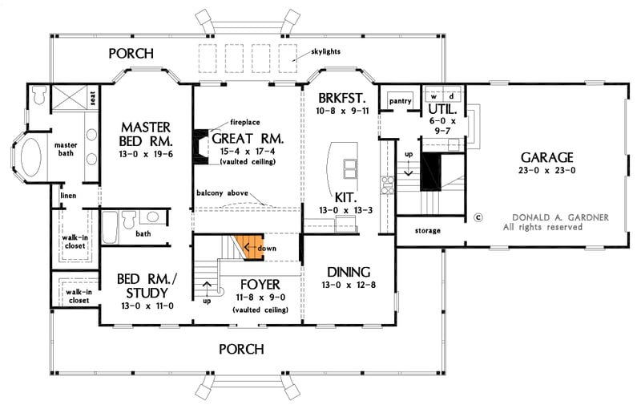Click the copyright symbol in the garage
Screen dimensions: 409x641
coord(478,217)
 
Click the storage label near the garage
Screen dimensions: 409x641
coord(428,230)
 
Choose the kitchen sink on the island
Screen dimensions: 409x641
coord(350,168)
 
